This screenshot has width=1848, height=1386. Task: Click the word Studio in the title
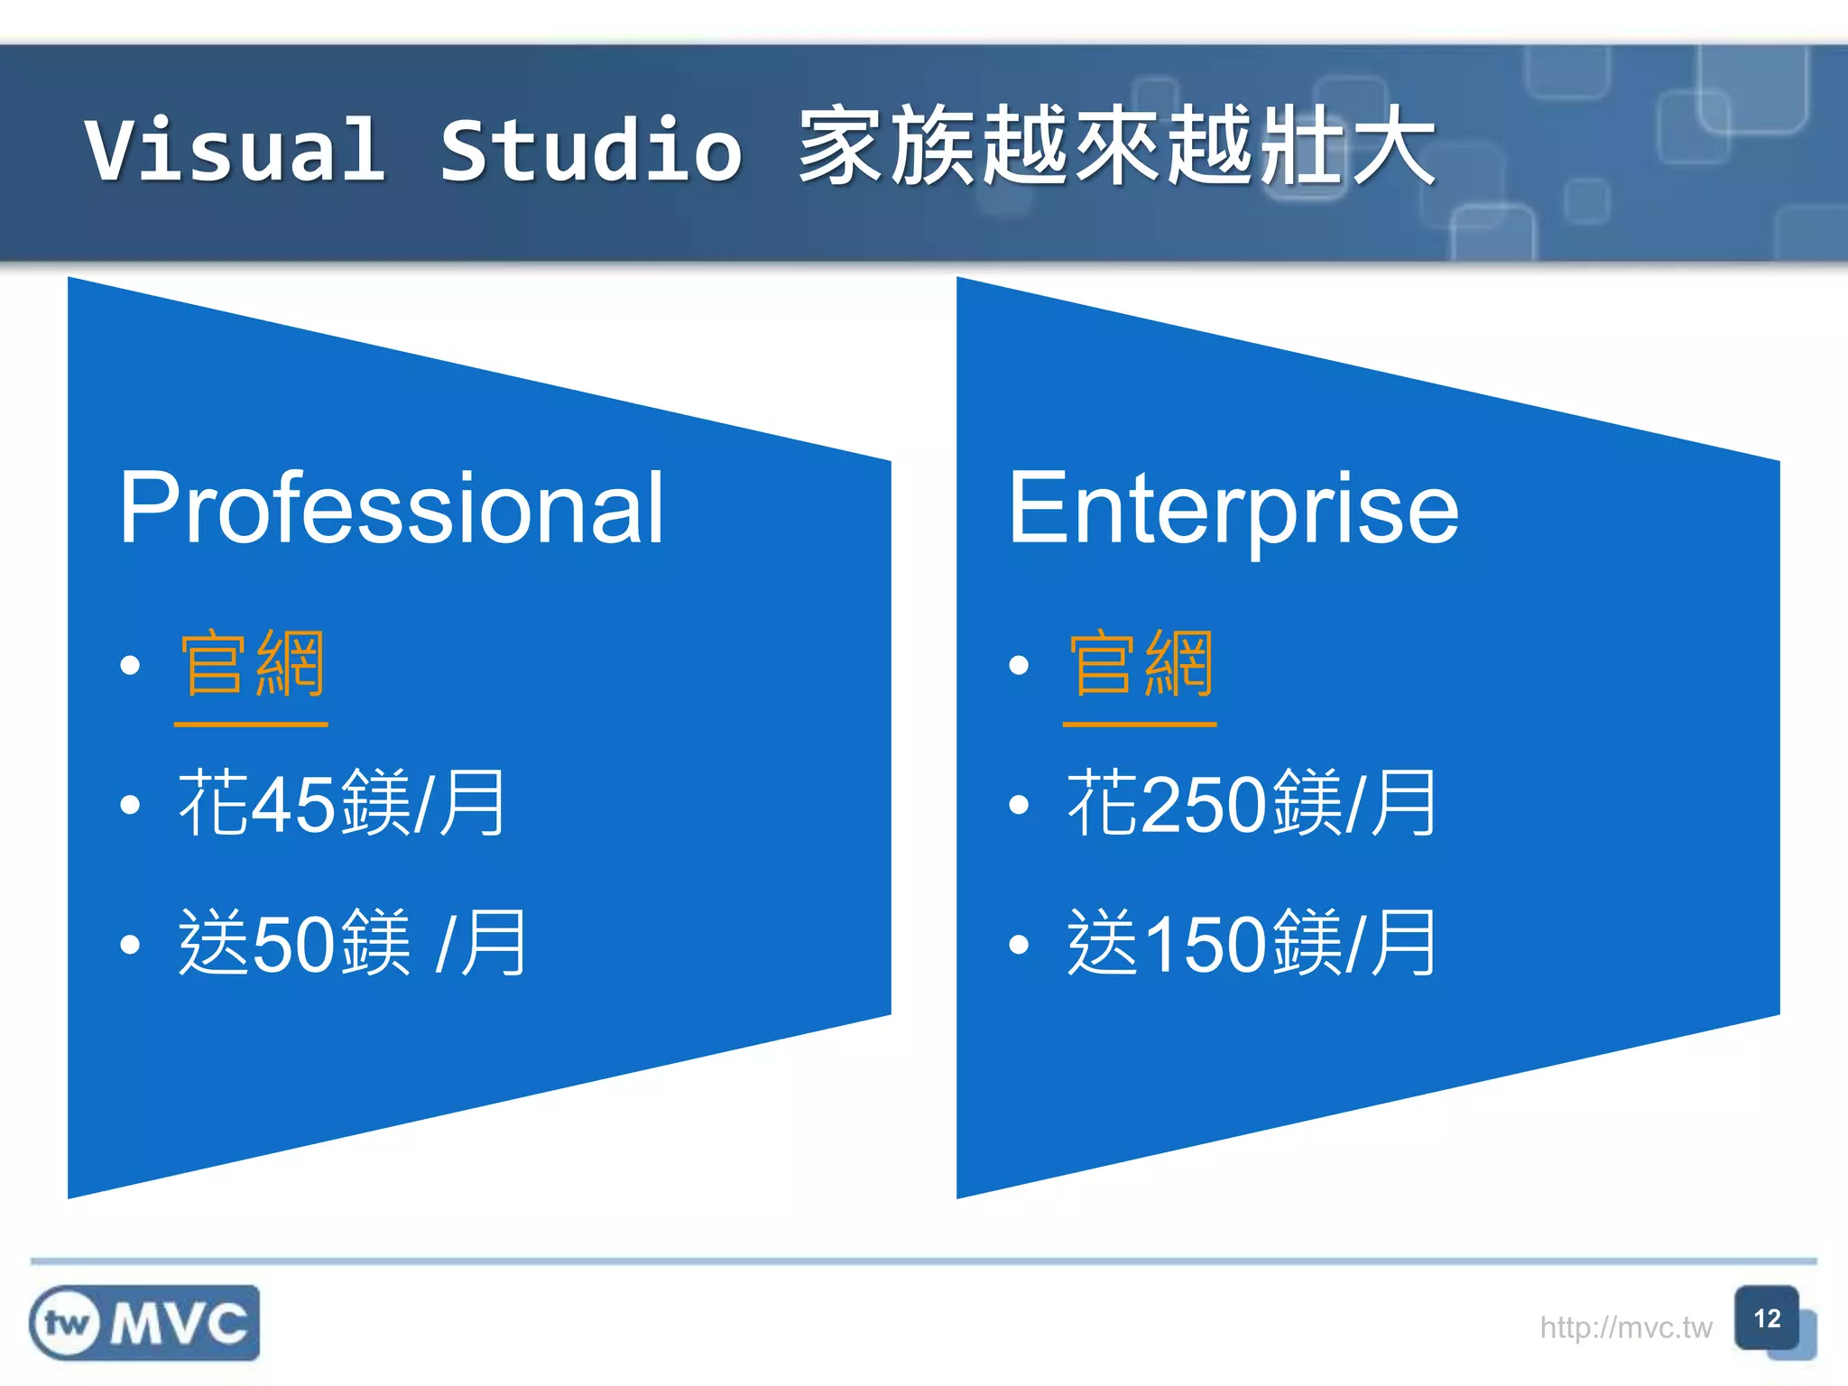[591, 150]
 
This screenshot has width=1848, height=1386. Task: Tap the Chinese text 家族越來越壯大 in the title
[1117, 146]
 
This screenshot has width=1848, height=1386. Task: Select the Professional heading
[392, 509]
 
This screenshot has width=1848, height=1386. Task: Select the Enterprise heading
[1233, 509]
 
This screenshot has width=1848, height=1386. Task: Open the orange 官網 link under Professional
[252, 666]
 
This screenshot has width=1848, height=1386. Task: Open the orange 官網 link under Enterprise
[1141, 666]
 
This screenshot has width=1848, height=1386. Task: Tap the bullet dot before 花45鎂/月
[131, 805]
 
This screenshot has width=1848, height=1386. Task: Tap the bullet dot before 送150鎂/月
[1020, 945]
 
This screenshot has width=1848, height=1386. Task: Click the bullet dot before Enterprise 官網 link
[1020, 666]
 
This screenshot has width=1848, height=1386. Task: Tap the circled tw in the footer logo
[66, 1324]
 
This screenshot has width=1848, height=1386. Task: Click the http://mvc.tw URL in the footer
[1625, 1327]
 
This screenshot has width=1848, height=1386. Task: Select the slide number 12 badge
[1767, 1319]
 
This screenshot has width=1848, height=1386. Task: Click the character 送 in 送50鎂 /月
[213, 943]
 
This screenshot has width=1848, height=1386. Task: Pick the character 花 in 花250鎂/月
[1102, 803]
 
